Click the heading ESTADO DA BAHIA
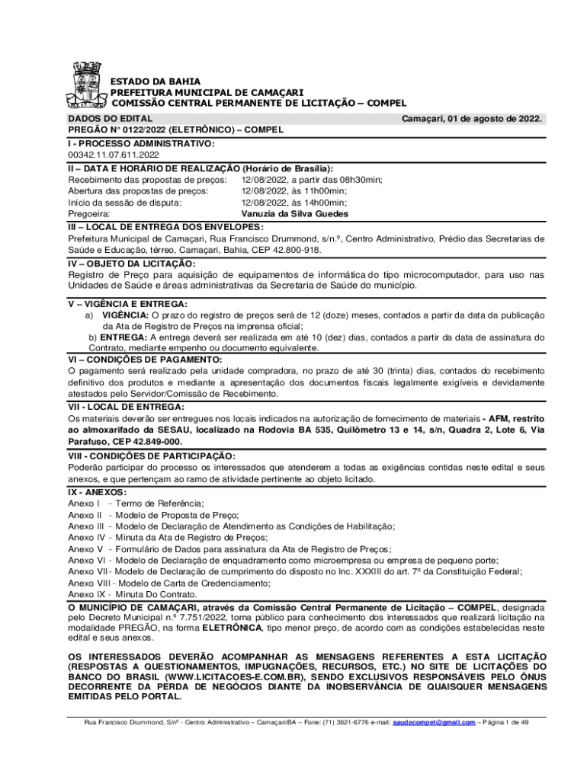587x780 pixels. [x=151, y=81]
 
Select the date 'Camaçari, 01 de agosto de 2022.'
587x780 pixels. [x=472, y=119]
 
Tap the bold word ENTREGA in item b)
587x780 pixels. [x=123, y=337]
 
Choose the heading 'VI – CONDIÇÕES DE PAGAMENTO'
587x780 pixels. [x=145, y=359]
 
